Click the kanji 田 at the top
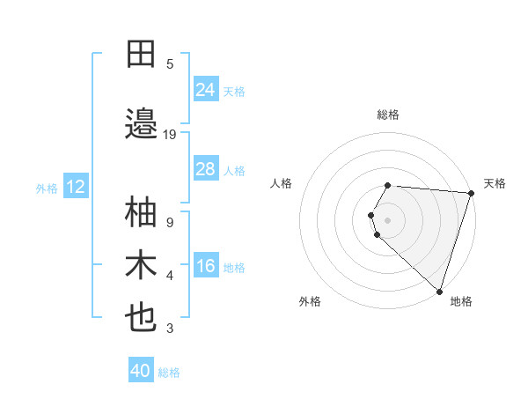pos(142,54)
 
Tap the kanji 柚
pos(142,212)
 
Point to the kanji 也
pos(142,318)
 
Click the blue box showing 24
pos(205,89)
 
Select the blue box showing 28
pos(205,168)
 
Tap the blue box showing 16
pos(205,265)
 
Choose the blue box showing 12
pos(75,187)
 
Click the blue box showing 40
pos(140,371)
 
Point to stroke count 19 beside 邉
pos(170,134)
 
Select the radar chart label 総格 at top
pos(388,115)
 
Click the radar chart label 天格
pos(495,183)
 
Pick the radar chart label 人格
pos(282,183)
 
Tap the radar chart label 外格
pos(310,301)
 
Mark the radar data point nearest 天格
pos(471,193)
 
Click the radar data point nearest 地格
pos(439,291)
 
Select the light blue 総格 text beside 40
pos(169,373)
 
